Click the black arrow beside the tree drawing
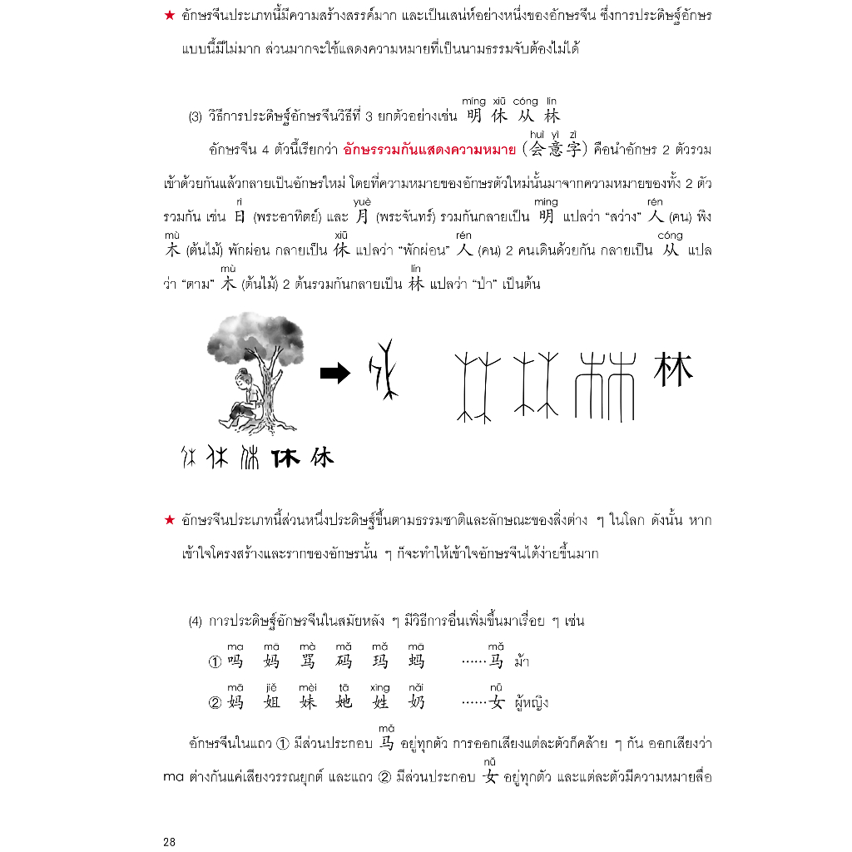[x=334, y=374]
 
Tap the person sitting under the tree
[x=244, y=398]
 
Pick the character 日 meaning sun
[x=240, y=217]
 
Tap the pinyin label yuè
[x=362, y=202]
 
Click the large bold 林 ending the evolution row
[x=673, y=370]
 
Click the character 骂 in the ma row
[x=308, y=662]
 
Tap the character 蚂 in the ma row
[x=416, y=662]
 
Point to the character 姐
[x=271, y=702]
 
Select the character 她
[x=344, y=702]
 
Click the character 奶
[x=416, y=702]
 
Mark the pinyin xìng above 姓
[x=379, y=687]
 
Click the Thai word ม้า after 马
[x=522, y=662]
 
